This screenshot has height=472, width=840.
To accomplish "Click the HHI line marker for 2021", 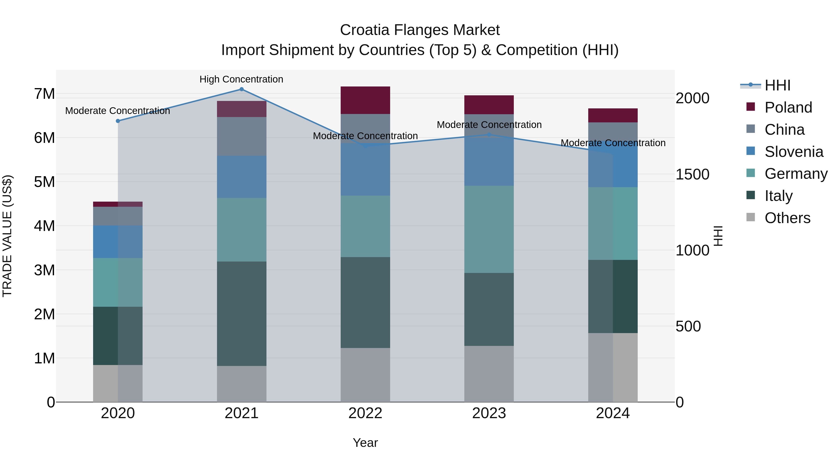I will [x=242, y=89].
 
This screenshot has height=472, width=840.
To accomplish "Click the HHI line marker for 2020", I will [x=118, y=121].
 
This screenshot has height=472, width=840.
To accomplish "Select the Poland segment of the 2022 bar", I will [x=365, y=100].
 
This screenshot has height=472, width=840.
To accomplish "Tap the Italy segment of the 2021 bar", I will [x=242, y=314].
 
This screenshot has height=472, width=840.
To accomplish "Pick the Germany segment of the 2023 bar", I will [x=489, y=229].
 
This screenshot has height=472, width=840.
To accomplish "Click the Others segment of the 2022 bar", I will [x=365, y=375].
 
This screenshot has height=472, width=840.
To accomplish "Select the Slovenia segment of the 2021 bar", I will [x=242, y=177].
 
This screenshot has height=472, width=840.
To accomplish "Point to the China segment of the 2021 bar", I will [x=242, y=136].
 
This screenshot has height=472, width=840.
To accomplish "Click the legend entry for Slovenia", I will [x=794, y=152].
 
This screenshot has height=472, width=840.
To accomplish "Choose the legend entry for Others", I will [x=787, y=218].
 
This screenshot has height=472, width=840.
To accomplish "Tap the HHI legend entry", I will [x=777, y=85].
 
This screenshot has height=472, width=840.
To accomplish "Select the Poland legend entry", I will [x=788, y=107].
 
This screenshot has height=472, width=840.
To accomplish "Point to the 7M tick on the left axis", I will [x=44, y=94].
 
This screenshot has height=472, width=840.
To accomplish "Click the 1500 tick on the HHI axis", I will [x=692, y=174].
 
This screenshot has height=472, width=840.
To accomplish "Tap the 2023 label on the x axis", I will [x=489, y=413].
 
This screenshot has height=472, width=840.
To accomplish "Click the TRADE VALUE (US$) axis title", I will [x=7, y=236].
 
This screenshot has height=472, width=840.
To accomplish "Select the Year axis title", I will [x=365, y=443].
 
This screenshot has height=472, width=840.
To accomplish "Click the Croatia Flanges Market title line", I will [x=420, y=30].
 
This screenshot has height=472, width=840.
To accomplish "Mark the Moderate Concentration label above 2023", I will [x=489, y=125].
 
